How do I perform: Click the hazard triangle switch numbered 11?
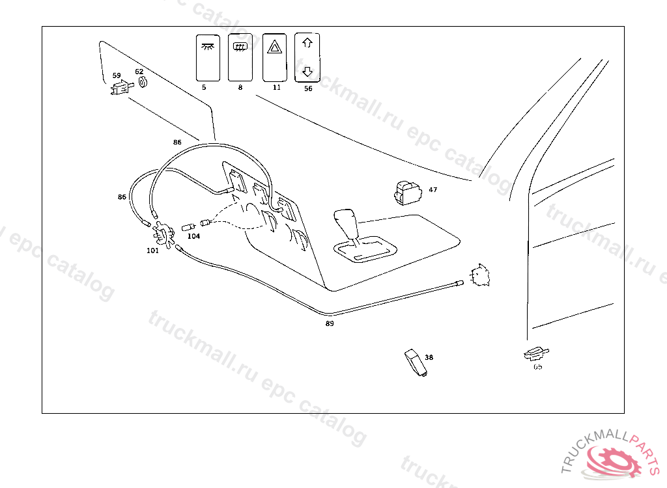(x=277, y=57)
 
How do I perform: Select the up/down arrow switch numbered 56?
(x=308, y=57)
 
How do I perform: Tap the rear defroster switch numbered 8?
(x=241, y=57)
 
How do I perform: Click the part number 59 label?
(x=117, y=75)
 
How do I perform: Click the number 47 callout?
(x=433, y=190)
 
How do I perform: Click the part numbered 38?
(x=414, y=361)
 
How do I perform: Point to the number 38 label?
(x=429, y=357)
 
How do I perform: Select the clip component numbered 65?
(x=535, y=353)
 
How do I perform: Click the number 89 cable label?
(x=330, y=323)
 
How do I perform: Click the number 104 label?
(x=193, y=236)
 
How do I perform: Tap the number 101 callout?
(x=152, y=250)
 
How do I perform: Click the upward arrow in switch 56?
(x=308, y=43)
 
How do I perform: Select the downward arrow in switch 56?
(x=308, y=71)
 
